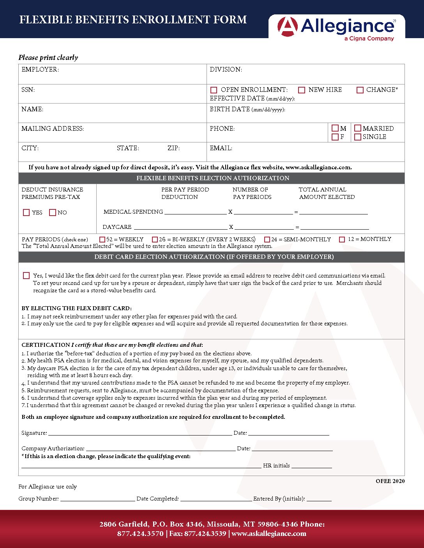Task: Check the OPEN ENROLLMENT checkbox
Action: (214, 90)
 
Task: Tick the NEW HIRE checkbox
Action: (302, 90)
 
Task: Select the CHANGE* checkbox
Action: (360, 90)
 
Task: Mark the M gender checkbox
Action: (335, 128)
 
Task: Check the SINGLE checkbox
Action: (358, 137)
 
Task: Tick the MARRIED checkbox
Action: (358, 128)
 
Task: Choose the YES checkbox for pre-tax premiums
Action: (26, 213)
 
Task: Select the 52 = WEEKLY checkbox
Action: (102, 240)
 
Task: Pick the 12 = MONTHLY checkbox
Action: (342, 240)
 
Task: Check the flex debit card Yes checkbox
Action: (26, 276)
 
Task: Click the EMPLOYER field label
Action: (40, 70)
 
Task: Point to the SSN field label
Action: (28, 90)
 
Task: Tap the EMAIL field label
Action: (221, 148)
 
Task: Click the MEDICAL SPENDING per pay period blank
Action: (195, 212)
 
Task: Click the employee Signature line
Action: (140, 433)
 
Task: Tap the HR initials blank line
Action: (311, 466)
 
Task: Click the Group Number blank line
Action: (97, 499)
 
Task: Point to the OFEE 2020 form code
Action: (390, 481)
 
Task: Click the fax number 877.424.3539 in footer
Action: (205, 534)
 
